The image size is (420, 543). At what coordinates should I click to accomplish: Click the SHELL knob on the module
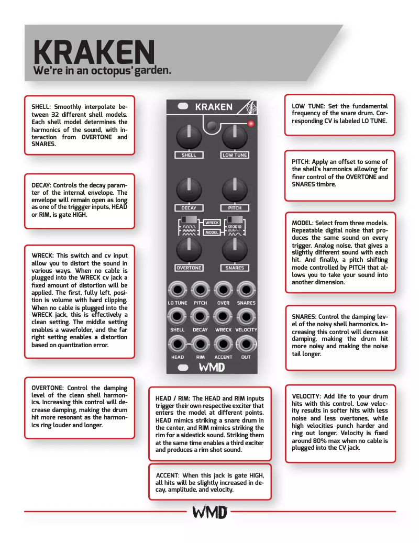[189, 138]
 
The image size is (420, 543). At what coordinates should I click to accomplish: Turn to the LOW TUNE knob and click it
[235, 138]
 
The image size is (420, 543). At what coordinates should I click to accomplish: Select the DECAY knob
[189, 191]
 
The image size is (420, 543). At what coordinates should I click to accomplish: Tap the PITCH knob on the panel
[235, 191]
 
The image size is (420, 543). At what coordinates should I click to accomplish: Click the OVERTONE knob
[189, 250]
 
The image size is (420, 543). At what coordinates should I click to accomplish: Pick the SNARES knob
[235, 250]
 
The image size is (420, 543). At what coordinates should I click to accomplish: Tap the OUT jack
[246, 344]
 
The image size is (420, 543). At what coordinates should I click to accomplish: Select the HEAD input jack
[178, 344]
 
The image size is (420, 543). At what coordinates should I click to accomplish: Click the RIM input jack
[200, 344]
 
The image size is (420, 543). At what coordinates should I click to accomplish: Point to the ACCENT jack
[223, 344]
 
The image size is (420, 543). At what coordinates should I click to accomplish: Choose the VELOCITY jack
[246, 316]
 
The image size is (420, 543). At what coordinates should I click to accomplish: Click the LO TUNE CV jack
[178, 289]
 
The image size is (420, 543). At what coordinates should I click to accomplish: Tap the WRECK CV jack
[223, 316]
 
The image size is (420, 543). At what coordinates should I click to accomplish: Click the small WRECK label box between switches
[212, 223]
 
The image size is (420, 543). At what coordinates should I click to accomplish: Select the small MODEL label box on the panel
[212, 232]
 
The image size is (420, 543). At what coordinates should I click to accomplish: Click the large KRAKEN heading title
[94, 52]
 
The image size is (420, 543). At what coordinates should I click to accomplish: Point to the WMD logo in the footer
[210, 512]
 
